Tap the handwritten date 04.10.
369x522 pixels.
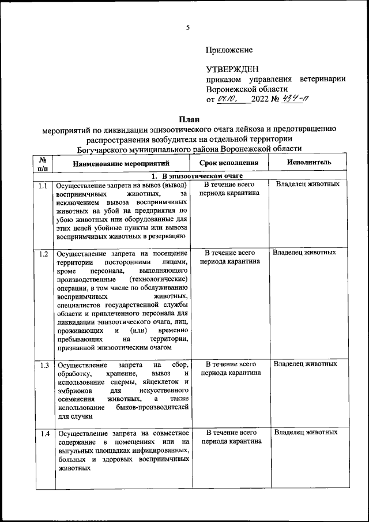[x=229, y=99]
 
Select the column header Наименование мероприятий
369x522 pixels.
[x=119, y=163]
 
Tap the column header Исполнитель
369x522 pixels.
[x=308, y=163]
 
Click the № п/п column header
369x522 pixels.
[x=43, y=163]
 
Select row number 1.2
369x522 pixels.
[x=43, y=254]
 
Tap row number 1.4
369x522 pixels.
[x=43, y=433]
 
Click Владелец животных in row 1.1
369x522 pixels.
[x=307, y=185]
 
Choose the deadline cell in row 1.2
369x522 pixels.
[x=230, y=257]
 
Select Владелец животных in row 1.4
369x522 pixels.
[x=306, y=432]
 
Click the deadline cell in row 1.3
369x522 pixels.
[x=230, y=369]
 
